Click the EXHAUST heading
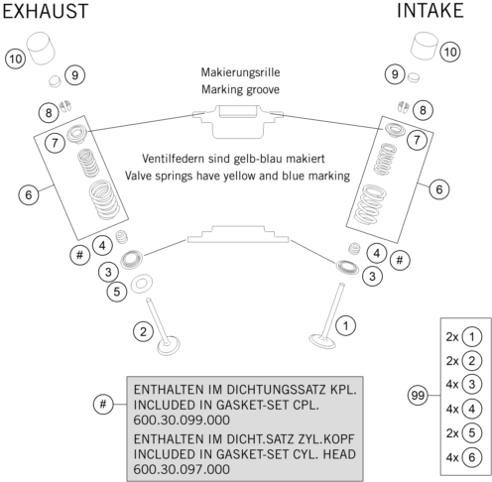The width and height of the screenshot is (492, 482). (x=46, y=11)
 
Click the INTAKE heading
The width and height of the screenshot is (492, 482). (x=430, y=11)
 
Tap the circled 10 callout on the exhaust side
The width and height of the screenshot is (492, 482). (x=16, y=60)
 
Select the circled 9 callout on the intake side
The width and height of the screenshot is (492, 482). (x=395, y=74)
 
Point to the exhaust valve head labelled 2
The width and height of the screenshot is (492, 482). (x=169, y=346)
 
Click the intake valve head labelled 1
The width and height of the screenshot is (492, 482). (x=322, y=341)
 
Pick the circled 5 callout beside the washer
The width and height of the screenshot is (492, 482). (x=117, y=292)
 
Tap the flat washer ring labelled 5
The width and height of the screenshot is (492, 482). (x=142, y=284)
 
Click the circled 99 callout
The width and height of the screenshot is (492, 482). (x=418, y=396)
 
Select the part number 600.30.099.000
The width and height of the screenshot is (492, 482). (x=182, y=421)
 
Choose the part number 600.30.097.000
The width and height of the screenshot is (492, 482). (x=182, y=469)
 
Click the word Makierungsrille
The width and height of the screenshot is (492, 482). (x=241, y=72)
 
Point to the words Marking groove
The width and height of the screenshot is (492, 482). (x=241, y=89)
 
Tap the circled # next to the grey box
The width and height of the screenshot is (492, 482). (x=103, y=404)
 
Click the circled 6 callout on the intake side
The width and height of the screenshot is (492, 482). (x=439, y=189)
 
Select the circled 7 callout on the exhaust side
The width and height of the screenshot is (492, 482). (x=55, y=143)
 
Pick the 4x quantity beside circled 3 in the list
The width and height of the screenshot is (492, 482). (x=452, y=385)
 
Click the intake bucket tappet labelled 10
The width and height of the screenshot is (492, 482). (x=425, y=47)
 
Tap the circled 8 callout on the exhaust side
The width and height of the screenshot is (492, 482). (x=49, y=113)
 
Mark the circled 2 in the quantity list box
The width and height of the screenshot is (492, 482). (x=472, y=361)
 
